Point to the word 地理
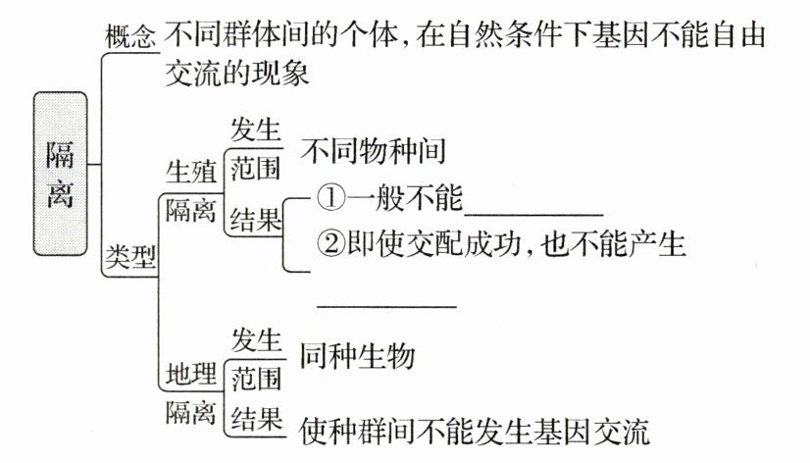pos(190,374)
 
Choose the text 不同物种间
pos(374,152)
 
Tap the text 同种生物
pos(357,355)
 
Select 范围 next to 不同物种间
pos(257,169)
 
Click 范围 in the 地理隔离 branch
pos(257,378)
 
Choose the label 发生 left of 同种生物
pos(257,340)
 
